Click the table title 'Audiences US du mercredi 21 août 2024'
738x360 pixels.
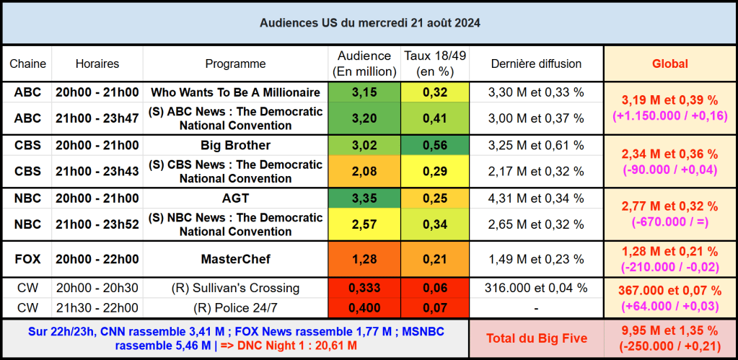click(369, 23)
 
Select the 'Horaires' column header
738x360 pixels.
click(97, 63)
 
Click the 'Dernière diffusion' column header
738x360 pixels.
click(536, 63)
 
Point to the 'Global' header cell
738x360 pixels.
click(669, 63)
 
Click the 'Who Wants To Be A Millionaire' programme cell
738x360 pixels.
click(235, 92)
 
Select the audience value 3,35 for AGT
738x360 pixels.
click(364, 198)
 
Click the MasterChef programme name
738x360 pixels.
click(235, 259)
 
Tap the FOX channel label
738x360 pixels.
click(27, 259)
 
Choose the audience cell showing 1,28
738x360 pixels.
click(364, 259)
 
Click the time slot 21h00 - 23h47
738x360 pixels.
click(97, 118)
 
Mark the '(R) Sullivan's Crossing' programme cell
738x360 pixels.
click(235, 288)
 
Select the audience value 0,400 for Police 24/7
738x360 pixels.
click(364, 307)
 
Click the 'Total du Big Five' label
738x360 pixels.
click(536, 338)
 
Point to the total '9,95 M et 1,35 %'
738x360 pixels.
click(670, 330)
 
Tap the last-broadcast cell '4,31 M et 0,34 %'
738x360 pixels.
click(536, 198)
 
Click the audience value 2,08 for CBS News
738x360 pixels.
click(364, 172)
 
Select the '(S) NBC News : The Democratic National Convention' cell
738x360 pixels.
click(235, 224)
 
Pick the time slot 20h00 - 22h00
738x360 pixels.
click(97, 259)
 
